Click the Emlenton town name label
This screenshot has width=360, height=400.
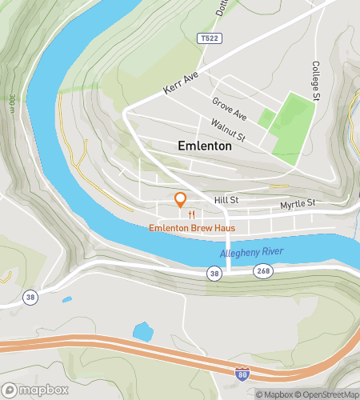204,146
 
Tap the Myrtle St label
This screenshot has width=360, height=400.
298,205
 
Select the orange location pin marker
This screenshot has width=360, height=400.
181,199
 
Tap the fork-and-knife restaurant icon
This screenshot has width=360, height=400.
191,214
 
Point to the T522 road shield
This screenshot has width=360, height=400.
208,38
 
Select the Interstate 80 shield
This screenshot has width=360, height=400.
242,373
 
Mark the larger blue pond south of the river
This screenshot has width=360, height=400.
143,331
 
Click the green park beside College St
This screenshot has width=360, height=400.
290,126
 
